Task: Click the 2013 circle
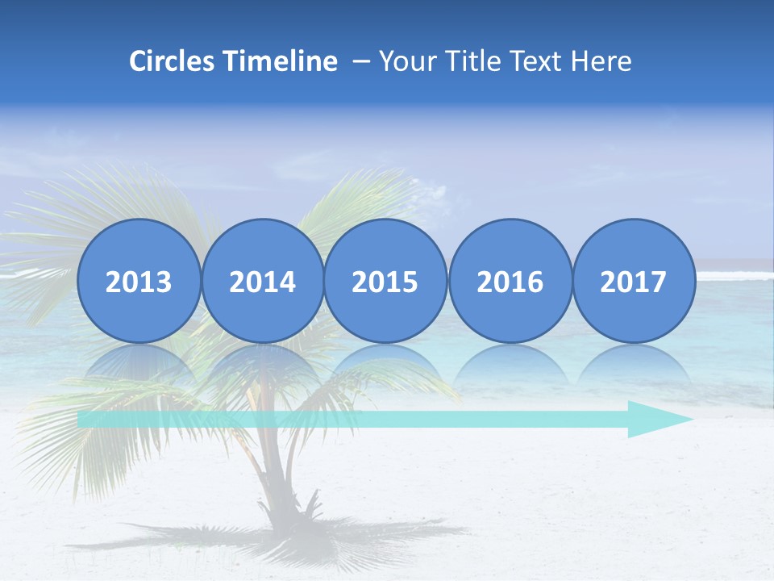139,282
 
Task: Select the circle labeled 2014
262,282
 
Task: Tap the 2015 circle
385,282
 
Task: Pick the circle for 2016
510,282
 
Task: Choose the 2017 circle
634,282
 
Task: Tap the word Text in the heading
538,61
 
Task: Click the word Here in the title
601,61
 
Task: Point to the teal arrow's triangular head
657,419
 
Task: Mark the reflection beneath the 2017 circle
634,367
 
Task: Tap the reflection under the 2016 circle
510,367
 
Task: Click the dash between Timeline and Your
361,61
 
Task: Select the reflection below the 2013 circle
139,367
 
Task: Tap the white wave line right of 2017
734,276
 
